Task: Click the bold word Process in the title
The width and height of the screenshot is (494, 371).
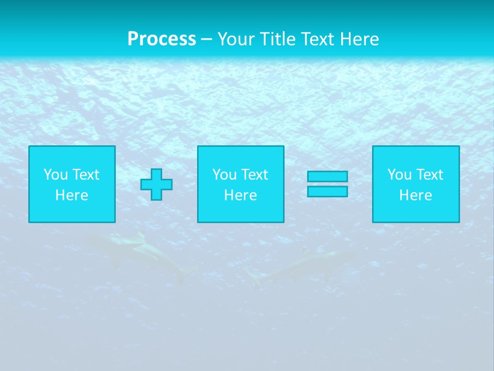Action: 162,39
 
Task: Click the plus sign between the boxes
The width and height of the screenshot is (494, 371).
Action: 156,184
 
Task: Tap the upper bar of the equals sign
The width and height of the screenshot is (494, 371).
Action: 327,176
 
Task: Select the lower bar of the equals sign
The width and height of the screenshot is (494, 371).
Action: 327,192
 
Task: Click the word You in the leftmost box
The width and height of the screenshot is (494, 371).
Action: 56,175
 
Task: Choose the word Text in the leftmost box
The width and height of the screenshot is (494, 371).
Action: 85,175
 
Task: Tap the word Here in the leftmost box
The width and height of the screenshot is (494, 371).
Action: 72,195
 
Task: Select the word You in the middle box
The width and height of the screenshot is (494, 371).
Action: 224,175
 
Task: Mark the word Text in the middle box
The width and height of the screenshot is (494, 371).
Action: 254,175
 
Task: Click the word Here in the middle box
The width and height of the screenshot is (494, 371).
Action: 240,195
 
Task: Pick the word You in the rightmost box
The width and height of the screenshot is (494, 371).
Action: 399,175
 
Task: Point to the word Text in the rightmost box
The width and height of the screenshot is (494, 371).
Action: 429,175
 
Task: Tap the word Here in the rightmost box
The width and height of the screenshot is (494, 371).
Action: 415,195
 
